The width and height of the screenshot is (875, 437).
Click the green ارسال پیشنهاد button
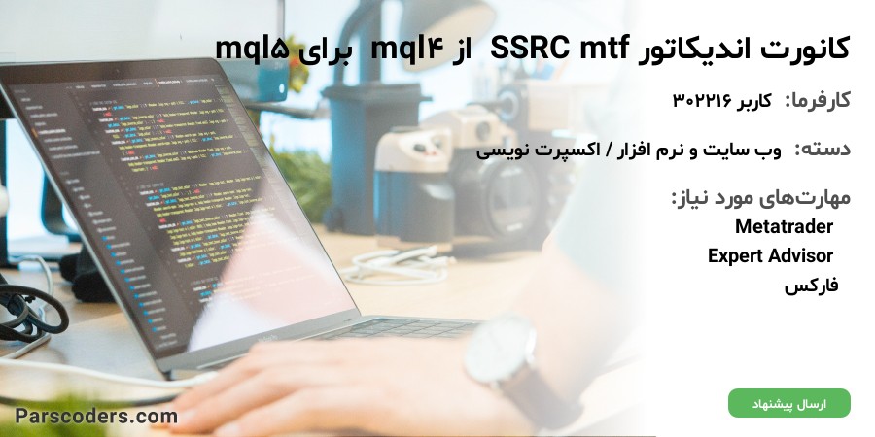tap(789, 403)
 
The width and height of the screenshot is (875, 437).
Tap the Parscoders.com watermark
tap(96, 416)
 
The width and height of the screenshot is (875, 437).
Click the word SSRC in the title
tap(530, 49)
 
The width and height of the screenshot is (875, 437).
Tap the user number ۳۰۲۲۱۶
tap(703, 101)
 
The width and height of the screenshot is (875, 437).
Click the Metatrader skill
tap(784, 226)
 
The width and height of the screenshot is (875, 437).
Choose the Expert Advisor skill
tap(770, 255)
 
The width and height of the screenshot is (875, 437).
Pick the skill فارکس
tap(811, 286)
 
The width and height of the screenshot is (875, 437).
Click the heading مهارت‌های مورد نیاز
tap(760, 198)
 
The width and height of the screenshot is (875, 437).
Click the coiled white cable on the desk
tap(399, 266)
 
